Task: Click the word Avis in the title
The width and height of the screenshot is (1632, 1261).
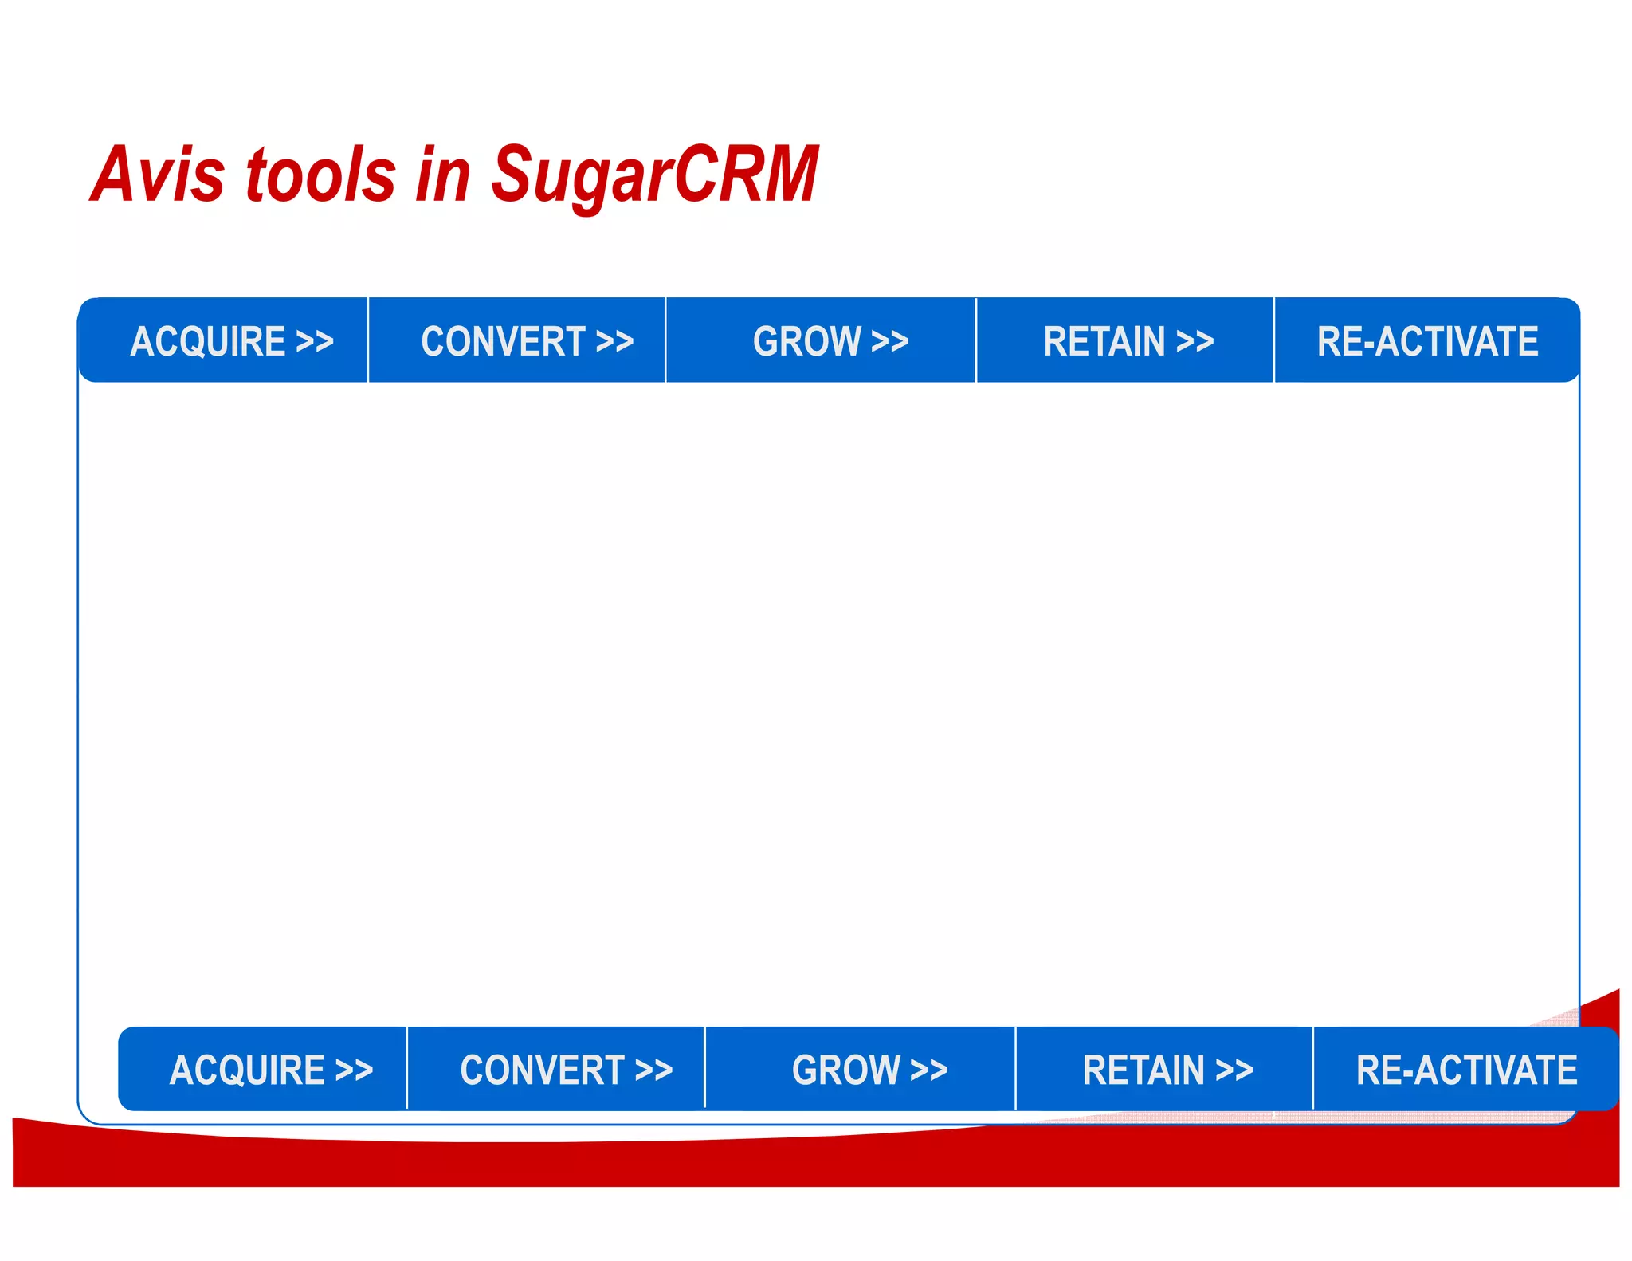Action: [157, 175]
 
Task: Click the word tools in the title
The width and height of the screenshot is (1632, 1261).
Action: [320, 175]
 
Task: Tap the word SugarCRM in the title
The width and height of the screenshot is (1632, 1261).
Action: [655, 175]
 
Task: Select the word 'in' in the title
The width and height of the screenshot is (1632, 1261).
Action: [443, 175]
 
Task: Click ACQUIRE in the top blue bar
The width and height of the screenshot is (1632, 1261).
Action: [208, 341]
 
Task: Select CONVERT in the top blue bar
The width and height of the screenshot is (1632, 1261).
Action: [504, 341]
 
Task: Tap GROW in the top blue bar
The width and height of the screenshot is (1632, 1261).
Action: [806, 341]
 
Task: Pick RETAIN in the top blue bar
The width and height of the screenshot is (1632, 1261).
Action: [1104, 341]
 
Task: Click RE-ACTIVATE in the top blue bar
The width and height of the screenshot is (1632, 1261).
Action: [1427, 341]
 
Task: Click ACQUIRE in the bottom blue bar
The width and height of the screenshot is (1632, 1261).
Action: [247, 1070]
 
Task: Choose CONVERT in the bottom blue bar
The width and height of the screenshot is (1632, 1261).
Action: [543, 1070]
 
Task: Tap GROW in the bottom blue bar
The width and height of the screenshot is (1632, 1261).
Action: [845, 1070]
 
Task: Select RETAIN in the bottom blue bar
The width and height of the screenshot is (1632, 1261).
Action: [1144, 1070]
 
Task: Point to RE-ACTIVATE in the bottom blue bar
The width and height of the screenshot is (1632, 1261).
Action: [1466, 1070]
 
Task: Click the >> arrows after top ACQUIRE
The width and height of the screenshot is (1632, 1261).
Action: [315, 342]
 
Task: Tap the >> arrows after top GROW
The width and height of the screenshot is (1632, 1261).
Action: [890, 342]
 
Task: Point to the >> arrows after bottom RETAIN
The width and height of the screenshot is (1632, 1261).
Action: [1234, 1070]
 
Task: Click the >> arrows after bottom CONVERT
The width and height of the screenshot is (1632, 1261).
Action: [654, 1070]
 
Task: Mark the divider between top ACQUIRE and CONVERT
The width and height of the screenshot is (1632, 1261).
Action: [368, 340]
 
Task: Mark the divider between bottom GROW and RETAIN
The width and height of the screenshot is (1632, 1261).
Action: [1015, 1069]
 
